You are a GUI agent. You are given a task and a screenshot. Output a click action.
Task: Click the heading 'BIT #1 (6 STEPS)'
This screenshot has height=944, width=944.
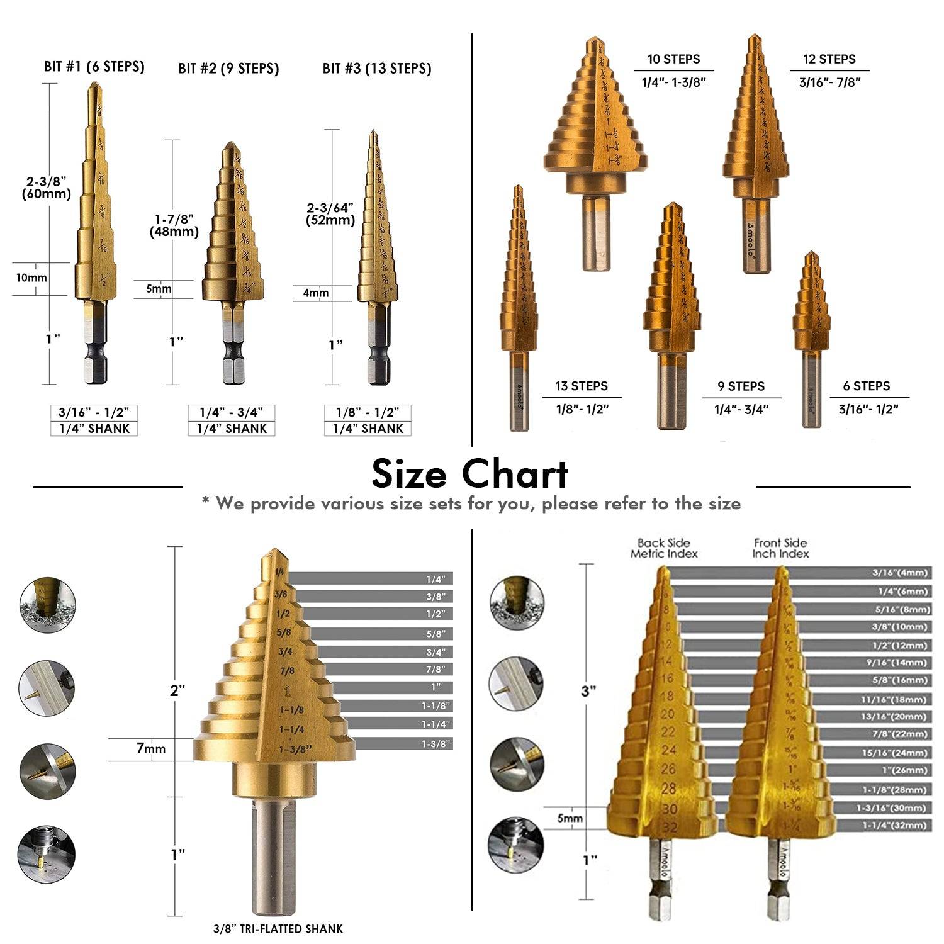click(x=94, y=67)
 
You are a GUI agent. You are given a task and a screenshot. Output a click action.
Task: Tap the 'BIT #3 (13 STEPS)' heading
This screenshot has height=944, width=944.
click(x=377, y=69)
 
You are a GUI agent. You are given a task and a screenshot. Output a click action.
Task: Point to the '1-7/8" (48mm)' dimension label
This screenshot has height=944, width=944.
click(x=174, y=225)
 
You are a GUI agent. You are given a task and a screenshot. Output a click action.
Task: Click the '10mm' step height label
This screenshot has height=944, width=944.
click(x=31, y=278)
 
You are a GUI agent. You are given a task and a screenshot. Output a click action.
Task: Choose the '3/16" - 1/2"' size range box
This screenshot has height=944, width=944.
click(x=94, y=413)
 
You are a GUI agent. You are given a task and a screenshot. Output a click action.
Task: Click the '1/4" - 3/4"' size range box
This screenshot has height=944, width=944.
click(x=232, y=413)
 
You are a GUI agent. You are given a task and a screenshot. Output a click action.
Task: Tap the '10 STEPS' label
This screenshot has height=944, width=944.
click(x=673, y=59)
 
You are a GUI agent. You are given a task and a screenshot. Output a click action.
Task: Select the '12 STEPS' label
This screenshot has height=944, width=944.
click(x=829, y=59)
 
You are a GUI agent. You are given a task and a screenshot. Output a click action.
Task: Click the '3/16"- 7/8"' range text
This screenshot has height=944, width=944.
click(x=829, y=82)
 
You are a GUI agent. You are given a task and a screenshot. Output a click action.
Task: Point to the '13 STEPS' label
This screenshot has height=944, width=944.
click(x=582, y=386)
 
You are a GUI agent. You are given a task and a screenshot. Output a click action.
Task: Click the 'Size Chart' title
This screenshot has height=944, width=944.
click(x=470, y=474)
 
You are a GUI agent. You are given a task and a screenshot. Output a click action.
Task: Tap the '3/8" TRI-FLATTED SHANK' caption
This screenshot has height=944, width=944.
click(x=278, y=928)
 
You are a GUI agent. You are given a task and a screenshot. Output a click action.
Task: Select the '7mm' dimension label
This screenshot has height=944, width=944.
click(x=151, y=748)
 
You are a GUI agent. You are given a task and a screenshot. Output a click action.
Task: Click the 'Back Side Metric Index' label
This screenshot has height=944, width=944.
click(x=664, y=548)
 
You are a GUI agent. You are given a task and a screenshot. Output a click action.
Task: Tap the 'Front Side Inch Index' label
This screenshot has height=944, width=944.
click(x=780, y=548)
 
